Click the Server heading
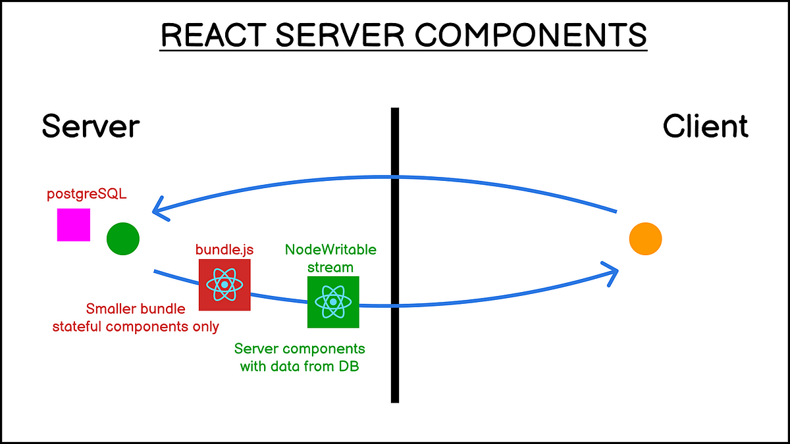(90, 126)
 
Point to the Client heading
(705, 126)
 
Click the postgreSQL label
(78, 196)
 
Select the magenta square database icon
(73, 225)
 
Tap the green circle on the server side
(123, 238)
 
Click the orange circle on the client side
(645, 239)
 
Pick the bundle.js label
(224, 250)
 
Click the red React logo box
(224, 284)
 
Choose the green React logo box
(333, 302)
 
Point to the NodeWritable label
(330, 250)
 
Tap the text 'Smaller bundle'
(136, 308)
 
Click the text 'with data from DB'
(300, 365)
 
